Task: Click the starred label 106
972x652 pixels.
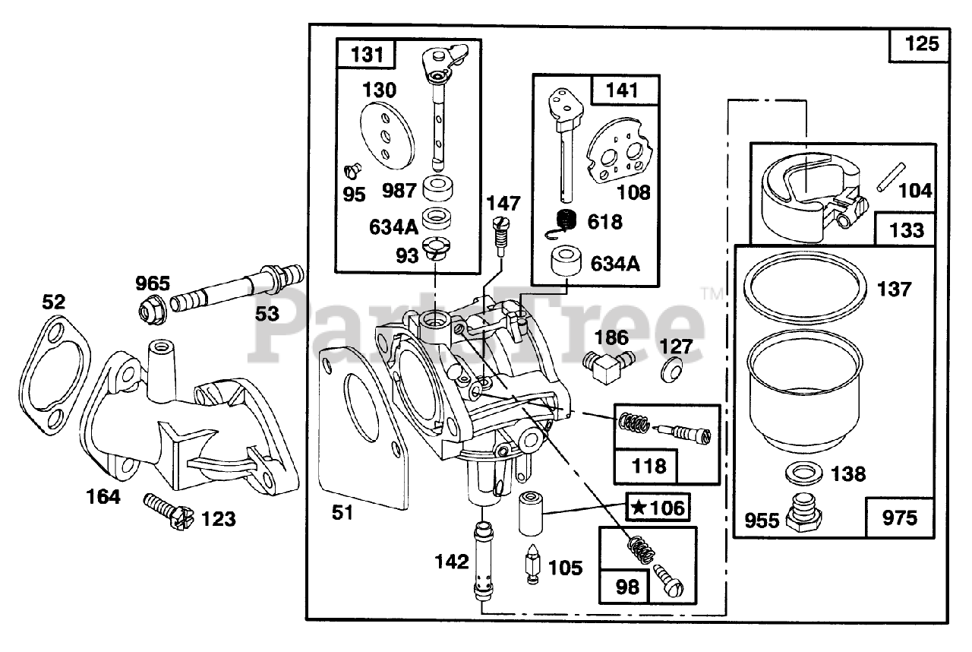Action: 658,508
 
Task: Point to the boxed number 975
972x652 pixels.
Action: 900,518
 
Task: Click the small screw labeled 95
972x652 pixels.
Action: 352,169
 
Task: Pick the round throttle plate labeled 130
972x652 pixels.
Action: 389,136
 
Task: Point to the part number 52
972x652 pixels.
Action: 54,302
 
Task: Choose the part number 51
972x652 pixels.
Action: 342,512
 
